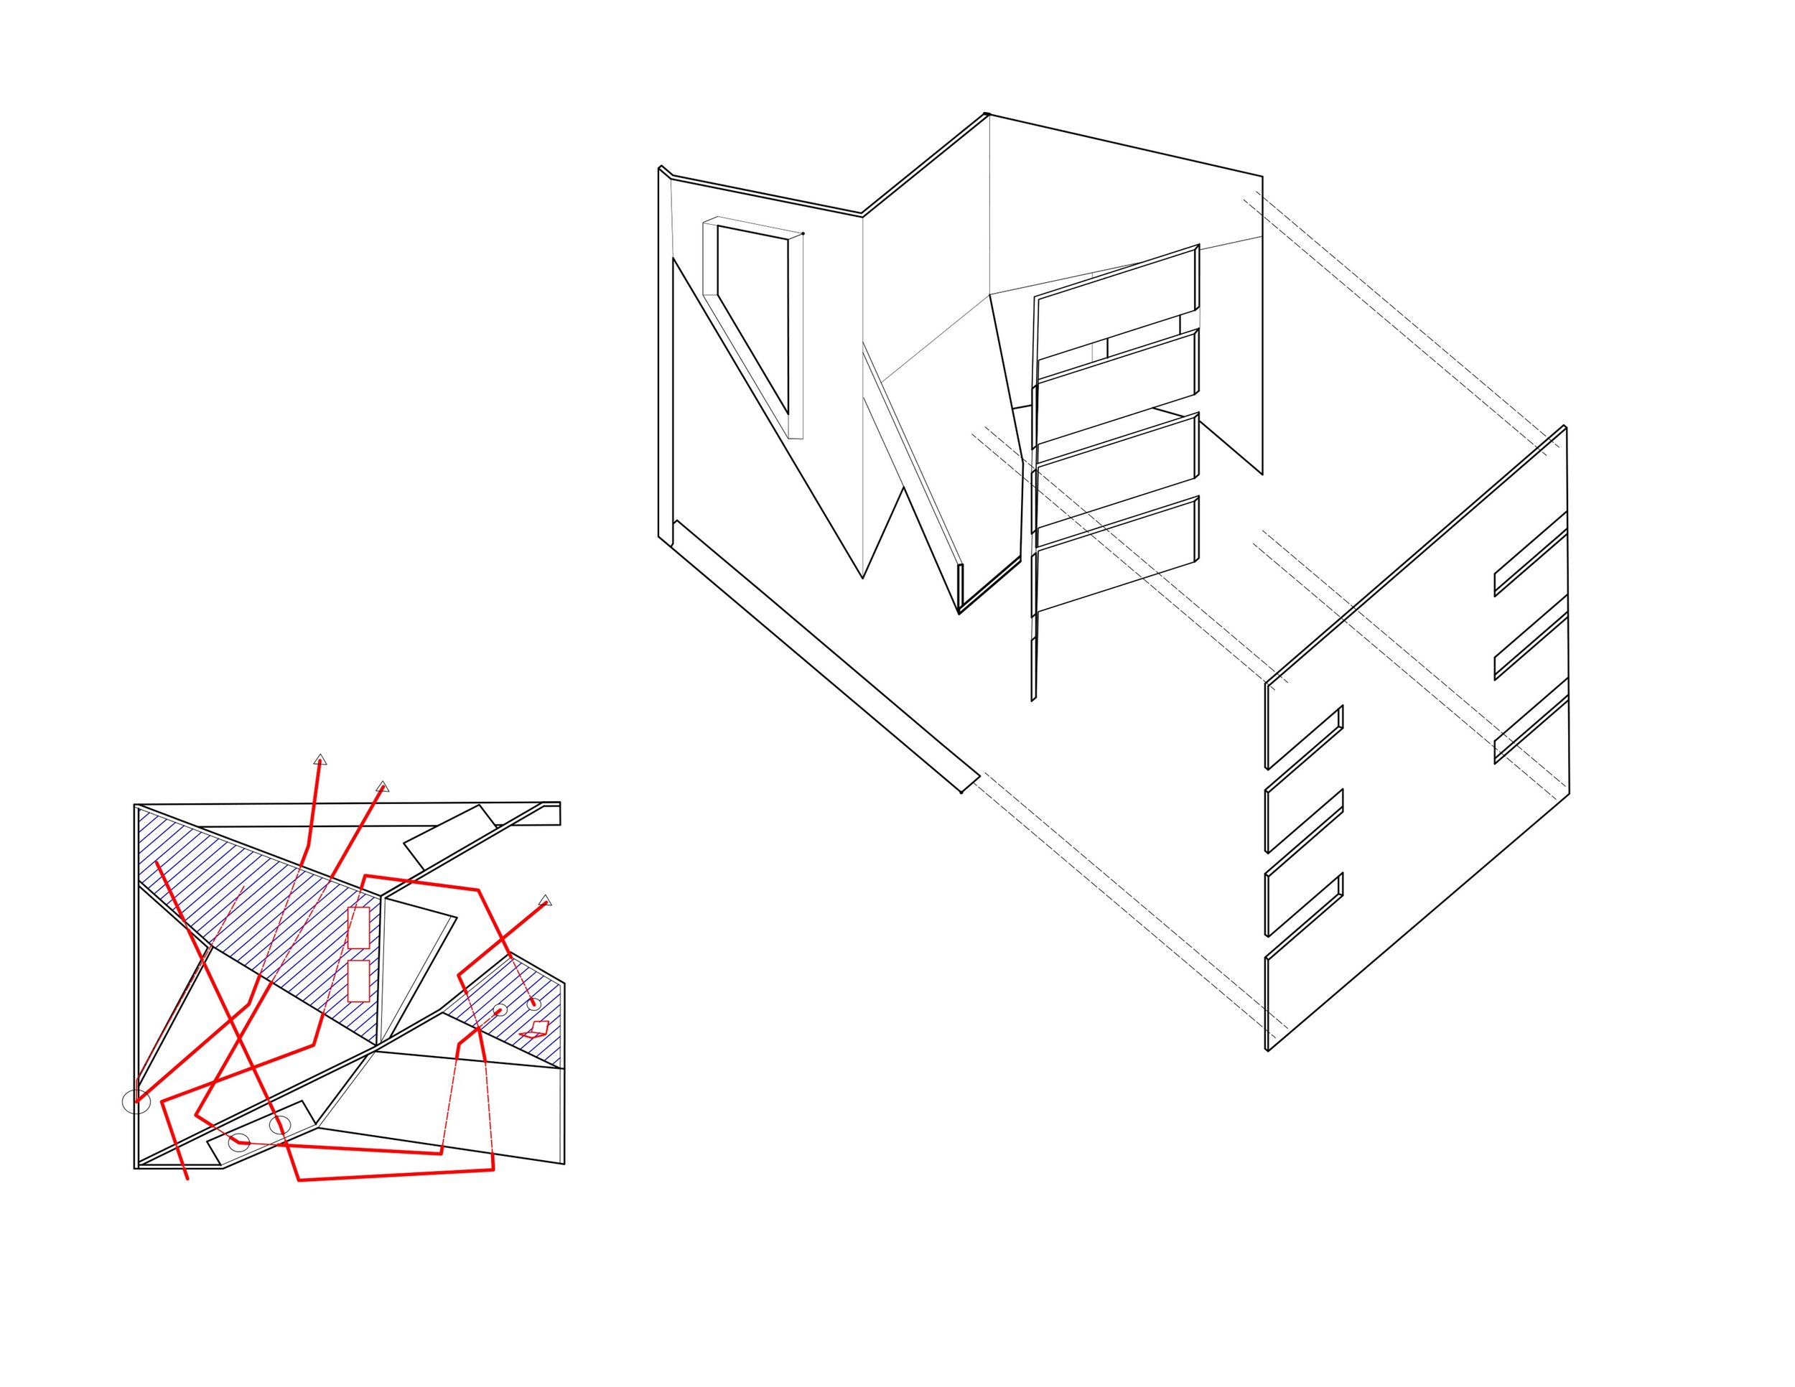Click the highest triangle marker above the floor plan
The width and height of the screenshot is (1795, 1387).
click(320, 760)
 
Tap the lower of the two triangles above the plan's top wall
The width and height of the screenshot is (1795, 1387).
click(382, 787)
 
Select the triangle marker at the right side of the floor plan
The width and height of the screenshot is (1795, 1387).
click(545, 900)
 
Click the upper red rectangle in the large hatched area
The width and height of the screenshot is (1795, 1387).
click(358, 928)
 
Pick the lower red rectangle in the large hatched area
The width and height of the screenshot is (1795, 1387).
click(358, 981)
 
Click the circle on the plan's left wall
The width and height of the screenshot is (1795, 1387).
click(136, 1102)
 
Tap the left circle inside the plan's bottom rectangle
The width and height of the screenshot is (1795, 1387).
click(239, 1142)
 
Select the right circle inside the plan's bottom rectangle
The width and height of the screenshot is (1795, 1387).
click(279, 1125)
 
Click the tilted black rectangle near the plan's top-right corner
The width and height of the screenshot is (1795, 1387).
click(449, 837)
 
